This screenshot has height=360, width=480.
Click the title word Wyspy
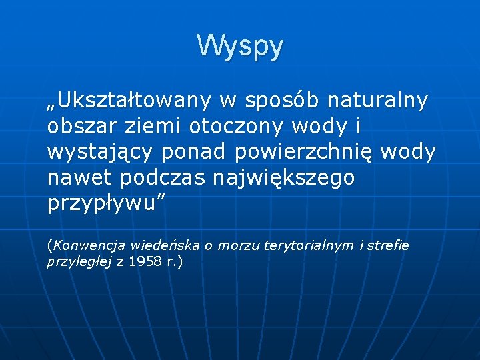point(240,46)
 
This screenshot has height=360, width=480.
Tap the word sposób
point(283,101)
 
